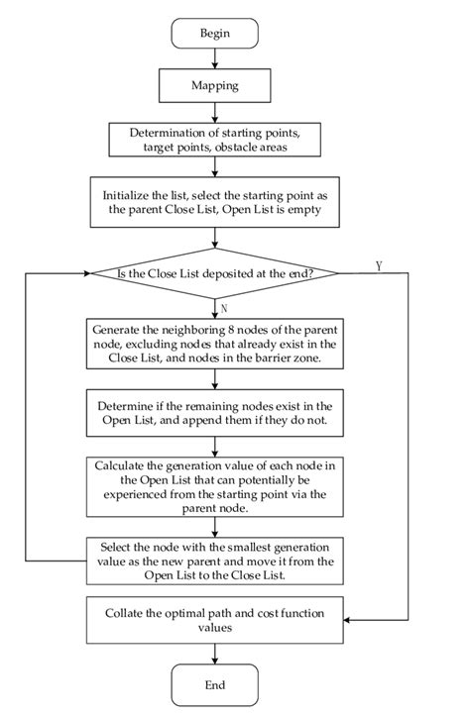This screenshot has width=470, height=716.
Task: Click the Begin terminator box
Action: pos(215,34)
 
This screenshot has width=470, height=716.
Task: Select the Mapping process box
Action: pos(215,86)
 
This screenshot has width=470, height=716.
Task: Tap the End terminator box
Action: pos(215,684)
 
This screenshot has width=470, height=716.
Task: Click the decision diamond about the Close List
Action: pos(215,273)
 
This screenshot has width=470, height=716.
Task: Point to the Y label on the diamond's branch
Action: pos(380,265)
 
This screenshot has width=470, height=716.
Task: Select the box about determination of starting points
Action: pos(215,141)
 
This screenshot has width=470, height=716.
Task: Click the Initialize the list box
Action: pos(215,203)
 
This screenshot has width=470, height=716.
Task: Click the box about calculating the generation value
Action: pos(215,485)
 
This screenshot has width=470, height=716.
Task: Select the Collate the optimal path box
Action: pos(215,621)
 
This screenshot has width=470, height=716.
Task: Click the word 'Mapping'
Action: pos(215,86)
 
